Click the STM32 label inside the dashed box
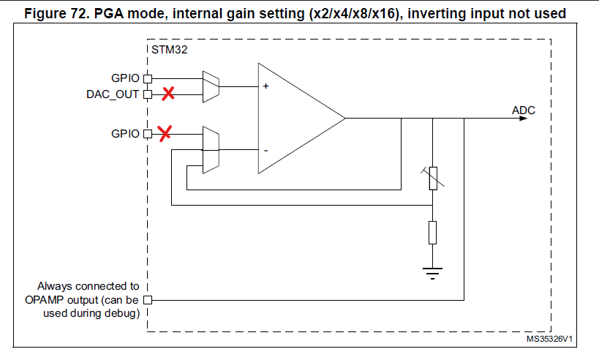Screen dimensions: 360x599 coord(167,50)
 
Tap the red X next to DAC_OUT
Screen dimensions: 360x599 coord(168,94)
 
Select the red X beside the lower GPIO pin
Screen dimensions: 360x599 coord(165,133)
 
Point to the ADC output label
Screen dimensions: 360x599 coord(523,110)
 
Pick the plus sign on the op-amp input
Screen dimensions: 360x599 coord(265,86)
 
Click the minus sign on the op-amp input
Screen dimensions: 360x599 coord(265,150)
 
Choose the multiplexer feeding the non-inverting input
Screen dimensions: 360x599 coord(210,86)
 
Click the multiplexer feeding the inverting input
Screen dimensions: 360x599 coord(210,150)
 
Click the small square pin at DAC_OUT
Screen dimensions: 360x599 coord(147,94)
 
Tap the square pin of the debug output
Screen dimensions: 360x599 coord(147,299)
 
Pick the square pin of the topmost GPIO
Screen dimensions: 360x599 coord(147,78)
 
